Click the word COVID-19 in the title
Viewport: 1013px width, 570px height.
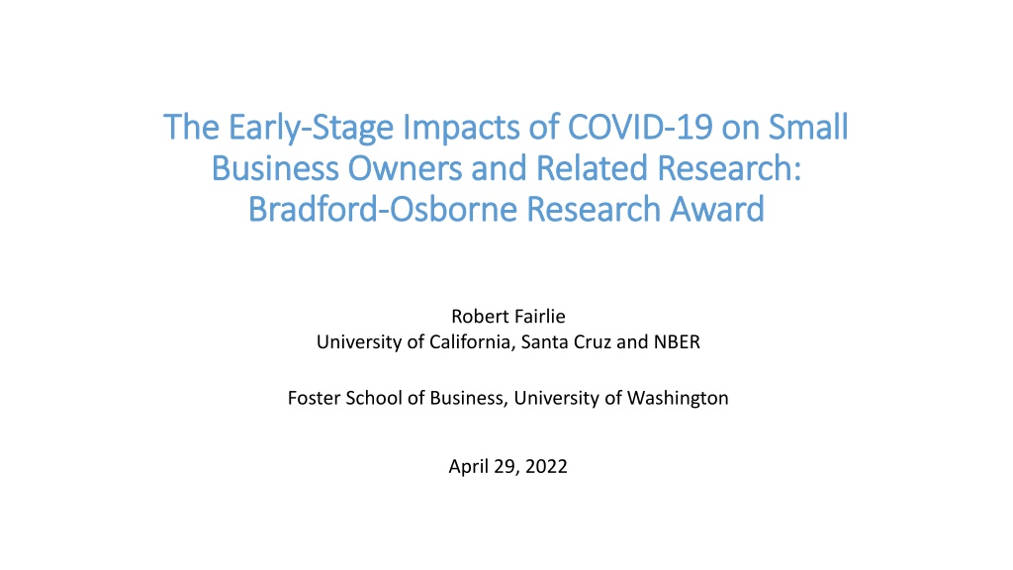640,127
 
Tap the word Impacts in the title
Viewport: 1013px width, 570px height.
461,128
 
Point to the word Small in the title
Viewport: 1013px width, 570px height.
808,127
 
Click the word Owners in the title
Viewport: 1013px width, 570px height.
405,168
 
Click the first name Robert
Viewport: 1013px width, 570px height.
476,316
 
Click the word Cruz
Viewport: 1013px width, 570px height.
593,341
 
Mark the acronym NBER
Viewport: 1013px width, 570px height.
677,341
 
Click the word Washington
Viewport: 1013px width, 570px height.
678,398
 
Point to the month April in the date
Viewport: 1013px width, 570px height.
468,467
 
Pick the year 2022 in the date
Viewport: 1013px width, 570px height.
546,467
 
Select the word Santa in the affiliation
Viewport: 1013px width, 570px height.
545,341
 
